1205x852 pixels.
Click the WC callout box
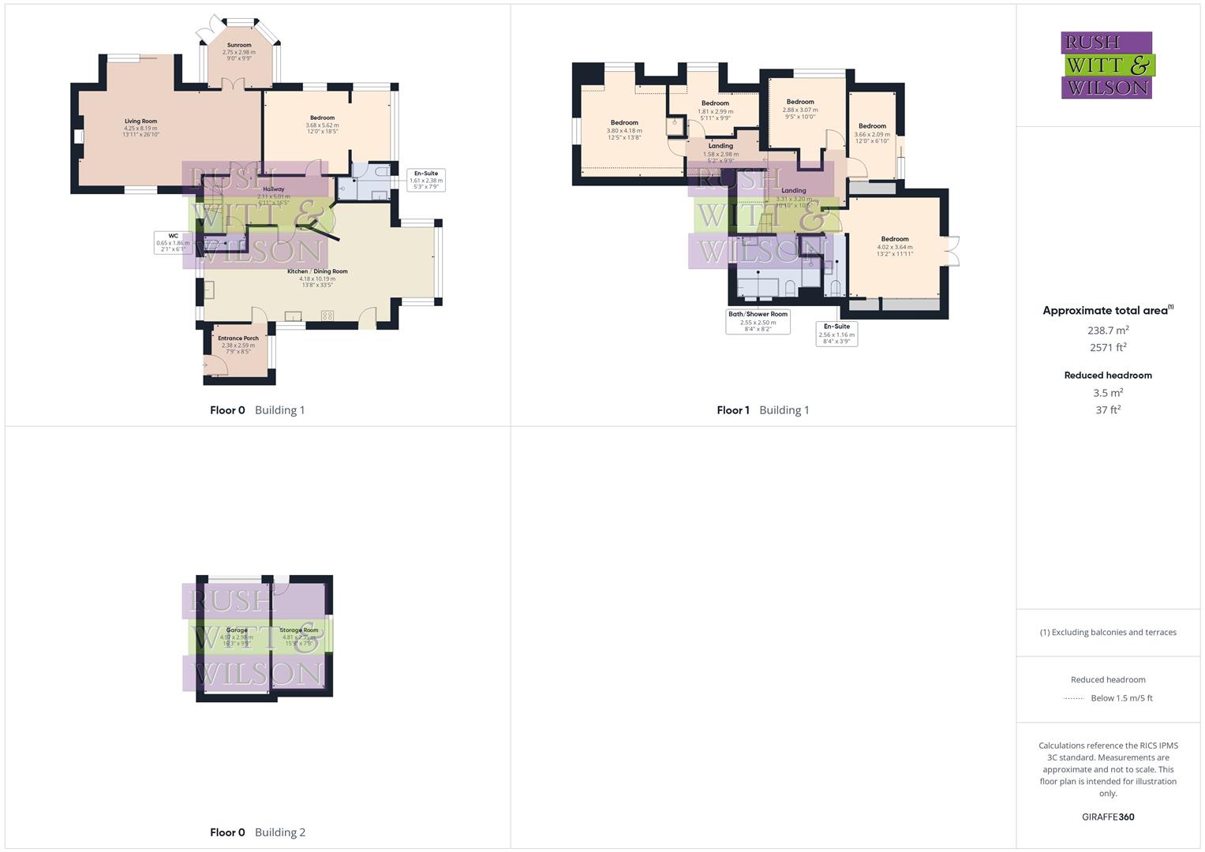tap(173, 242)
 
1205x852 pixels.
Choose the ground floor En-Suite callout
tap(426, 180)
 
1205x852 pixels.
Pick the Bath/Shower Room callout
tap(758, 321)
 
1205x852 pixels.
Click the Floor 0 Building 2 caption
tap(257, 832)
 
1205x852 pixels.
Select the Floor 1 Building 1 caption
tap(762, 410)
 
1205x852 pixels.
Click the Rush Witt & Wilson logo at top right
tap(1107, 65)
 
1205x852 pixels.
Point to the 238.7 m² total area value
tap(1108, 331)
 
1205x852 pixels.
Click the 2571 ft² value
tap(1108, 347)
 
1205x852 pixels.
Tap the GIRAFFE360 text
tap(1108, 817)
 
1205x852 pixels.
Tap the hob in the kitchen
tap(327, 316)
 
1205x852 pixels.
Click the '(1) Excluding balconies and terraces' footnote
tap(1108, 632)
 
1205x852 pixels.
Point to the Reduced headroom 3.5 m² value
tap(1108, 393)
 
